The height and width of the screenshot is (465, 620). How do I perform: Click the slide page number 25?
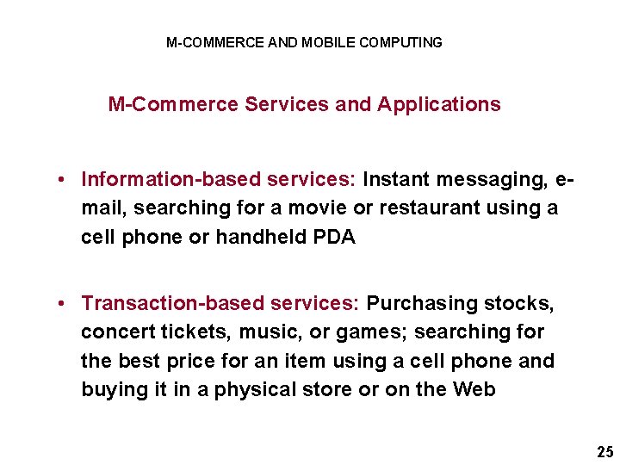pos(604,451)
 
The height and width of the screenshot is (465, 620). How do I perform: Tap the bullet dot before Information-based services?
pos(64,180)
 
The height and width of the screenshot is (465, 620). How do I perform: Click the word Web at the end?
pos(474,390)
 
